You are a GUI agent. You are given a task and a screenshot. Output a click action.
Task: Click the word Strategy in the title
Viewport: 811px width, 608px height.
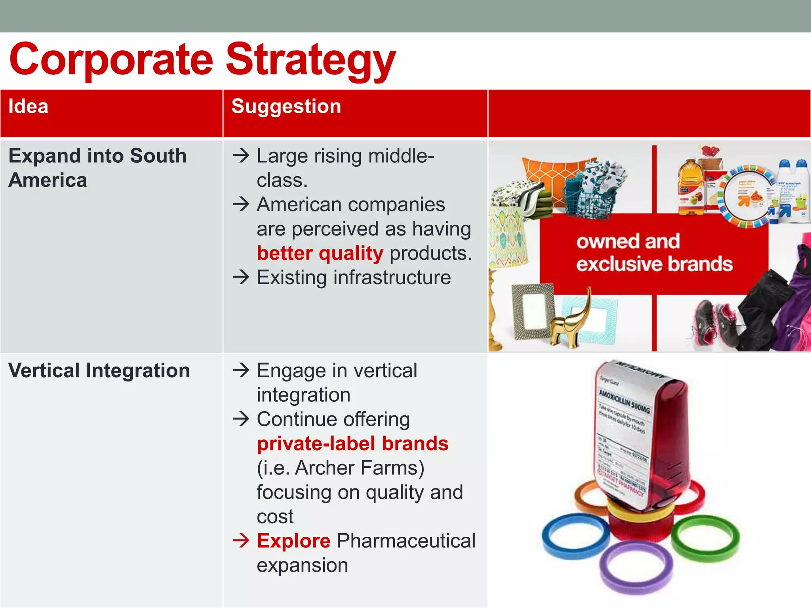[x=311, y=59]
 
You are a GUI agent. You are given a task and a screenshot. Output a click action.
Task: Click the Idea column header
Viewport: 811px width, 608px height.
[x=29, y=106]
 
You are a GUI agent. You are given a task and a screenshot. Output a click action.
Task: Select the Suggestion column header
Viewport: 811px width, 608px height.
[x=286, y=106]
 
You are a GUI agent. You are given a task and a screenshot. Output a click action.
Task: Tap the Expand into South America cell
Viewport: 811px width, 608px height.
[x=97, y=168]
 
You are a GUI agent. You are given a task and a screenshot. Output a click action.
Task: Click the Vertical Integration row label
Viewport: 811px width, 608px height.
[x=99, y=371]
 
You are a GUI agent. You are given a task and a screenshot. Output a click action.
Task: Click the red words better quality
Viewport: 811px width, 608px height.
[x=320, y=253]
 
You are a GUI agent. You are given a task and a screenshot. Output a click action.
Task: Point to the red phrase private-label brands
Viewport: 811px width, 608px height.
[x=352, y=444]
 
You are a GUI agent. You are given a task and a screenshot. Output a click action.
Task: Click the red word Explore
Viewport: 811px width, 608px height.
[x=293, y=541]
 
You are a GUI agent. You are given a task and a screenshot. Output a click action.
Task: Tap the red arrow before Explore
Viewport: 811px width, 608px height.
[x=241, y=540]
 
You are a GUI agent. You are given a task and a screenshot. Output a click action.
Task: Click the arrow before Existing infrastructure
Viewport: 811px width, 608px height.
[x=241, y=277]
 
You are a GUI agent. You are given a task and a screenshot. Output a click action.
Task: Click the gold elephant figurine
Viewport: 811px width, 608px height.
[x=570, y=325]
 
